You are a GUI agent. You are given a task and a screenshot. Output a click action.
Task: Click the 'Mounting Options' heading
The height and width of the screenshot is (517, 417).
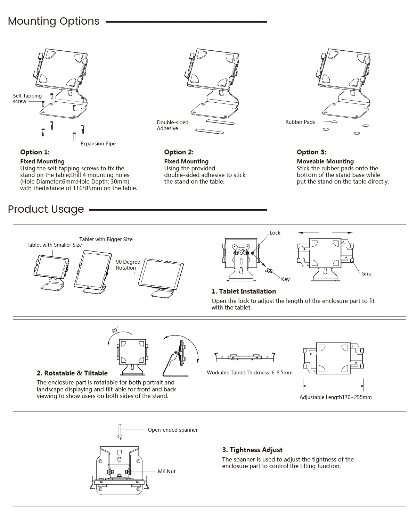pos(54,21)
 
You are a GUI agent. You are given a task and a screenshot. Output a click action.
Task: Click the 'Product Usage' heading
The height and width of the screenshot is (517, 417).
pos(46,209)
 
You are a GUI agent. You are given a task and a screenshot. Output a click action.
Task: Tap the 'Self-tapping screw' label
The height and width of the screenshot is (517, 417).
pos(27,99)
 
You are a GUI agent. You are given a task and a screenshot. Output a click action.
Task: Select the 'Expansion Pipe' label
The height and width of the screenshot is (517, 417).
pos(98,144)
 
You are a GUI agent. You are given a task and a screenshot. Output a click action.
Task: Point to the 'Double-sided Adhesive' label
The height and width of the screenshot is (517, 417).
pos(172,125)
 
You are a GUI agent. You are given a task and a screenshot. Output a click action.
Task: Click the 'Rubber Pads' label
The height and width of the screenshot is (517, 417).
pos(300,122)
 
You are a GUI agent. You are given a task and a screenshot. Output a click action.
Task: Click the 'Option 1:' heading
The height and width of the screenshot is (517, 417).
pos(35,152)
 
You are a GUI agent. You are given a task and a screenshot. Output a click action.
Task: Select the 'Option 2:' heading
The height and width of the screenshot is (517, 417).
pos(179,152)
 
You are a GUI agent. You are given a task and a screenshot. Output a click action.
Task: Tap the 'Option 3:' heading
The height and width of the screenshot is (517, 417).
pos(311,152)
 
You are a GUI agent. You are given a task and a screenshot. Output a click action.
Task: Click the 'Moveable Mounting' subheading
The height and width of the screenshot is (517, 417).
pos(325,161)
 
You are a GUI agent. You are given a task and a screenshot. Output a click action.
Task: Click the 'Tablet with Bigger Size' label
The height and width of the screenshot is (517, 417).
pos(106,239)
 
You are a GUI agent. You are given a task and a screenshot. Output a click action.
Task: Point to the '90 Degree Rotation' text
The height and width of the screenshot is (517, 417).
pos(128,265)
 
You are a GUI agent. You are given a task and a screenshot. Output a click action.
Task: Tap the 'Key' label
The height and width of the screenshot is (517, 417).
pos(285,279)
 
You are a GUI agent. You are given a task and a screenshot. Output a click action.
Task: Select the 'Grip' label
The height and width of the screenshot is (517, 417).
pos(366,274)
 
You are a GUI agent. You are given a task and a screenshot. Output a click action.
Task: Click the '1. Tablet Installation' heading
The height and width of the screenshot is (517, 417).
pos(244,291)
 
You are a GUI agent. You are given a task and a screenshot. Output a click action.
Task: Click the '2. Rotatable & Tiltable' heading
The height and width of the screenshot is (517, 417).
pos(72,373)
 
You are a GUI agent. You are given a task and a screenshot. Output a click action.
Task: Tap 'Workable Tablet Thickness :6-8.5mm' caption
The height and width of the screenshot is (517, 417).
pos(250,373)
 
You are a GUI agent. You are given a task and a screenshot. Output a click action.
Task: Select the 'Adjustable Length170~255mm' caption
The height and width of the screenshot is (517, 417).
pos(335,397)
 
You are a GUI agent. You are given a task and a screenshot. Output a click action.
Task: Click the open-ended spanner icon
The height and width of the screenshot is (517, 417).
pos(120,432)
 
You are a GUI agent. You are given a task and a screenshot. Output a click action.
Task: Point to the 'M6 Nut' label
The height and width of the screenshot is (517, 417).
pos(166,472)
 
